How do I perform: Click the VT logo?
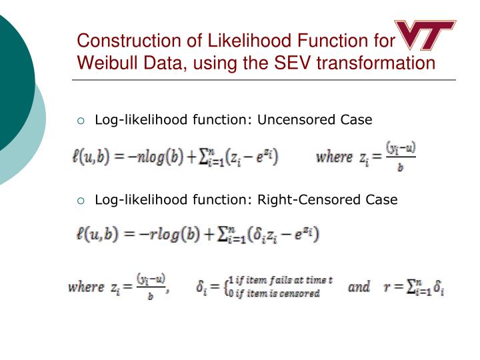(x=425, y=35)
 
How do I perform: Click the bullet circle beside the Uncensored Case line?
(x=81, y=121)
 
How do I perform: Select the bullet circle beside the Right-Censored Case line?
(x=81, y=200)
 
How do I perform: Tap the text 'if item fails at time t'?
(x=284, y=280)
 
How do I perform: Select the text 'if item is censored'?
(x=277, y=293)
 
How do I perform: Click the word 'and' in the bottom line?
(x=359, y=287)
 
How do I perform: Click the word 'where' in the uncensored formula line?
(x=333, y=157)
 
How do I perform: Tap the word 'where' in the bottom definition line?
(x=85, y=287)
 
